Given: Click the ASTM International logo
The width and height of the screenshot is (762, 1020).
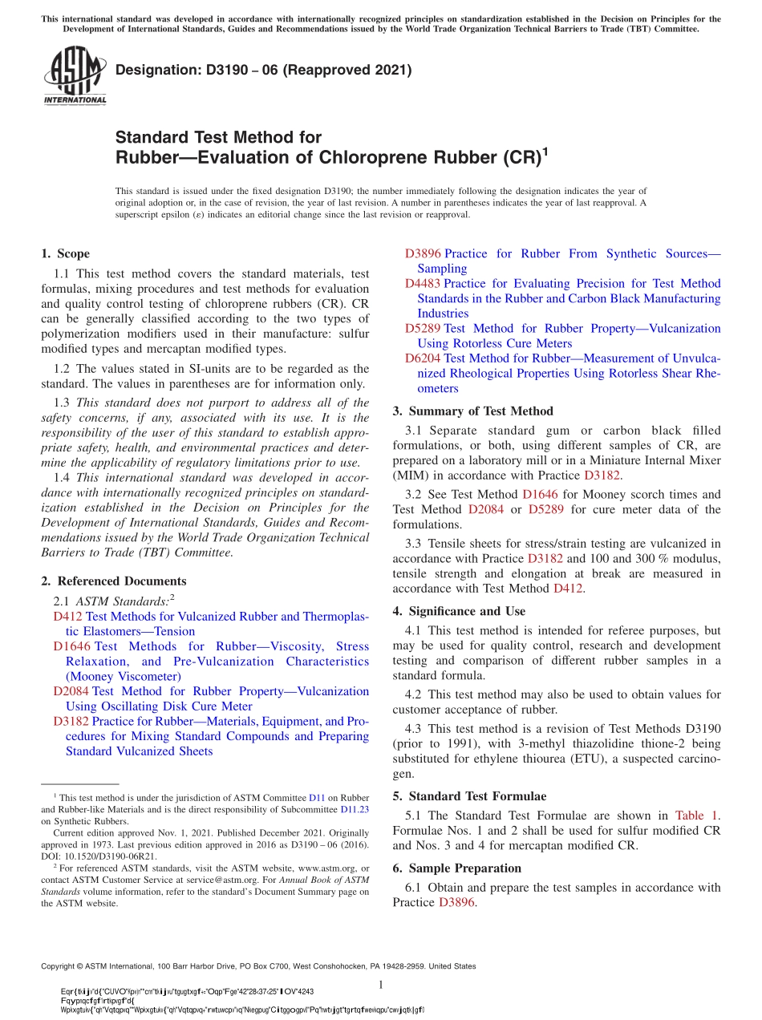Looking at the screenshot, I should pyautogui.click(x=75, y=76).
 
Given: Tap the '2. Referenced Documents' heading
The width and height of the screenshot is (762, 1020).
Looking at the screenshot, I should pyautogui.click(x=113, y=581).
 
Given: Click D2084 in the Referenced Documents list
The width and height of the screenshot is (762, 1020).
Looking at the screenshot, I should pyautogui.click(x=71, y=691).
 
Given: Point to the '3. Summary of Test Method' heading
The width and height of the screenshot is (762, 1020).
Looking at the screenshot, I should pyautogui.click(x=472, y=411).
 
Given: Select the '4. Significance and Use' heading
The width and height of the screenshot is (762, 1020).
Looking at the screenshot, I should pyautogui.click(x=459, y=611).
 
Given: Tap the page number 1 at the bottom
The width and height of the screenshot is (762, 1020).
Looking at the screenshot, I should pyautogui.click(x=381, y=985).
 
